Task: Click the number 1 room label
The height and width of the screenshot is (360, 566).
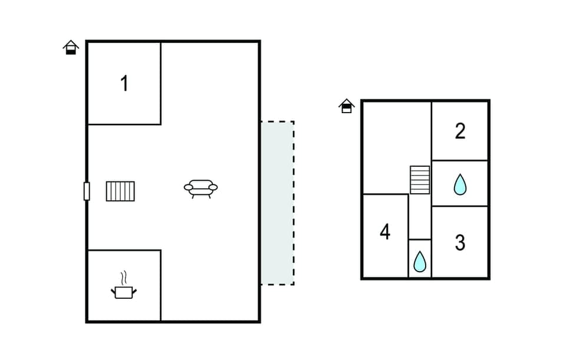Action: [x=124, y=84]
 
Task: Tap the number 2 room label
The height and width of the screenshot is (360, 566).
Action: [x=460, y=131]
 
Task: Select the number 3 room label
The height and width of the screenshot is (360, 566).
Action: [x=460, y=242]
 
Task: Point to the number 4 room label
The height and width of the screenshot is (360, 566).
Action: [x=385, y=232]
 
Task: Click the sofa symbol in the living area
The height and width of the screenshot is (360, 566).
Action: [x=200, y=188]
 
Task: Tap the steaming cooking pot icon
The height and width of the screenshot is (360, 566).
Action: [x=124, y=291]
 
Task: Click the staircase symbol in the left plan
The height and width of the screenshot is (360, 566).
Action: [x=120, y=191]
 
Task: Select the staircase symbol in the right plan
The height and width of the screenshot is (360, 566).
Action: [x=420, y=180]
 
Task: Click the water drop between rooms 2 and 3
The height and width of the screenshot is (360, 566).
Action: [x=460, y=184]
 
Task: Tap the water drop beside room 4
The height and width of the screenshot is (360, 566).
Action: [x=420, y=261]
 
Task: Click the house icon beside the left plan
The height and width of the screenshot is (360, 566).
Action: [x=71, y=47]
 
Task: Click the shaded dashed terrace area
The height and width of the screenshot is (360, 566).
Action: [x=277, y=203]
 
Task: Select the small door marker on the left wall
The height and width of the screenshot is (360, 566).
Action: [x=87, y=191]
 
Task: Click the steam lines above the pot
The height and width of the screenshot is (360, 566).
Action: [x=124, y=277]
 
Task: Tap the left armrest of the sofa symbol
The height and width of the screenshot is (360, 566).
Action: [x=189, y=187]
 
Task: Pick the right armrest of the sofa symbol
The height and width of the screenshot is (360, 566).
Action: [x=213, y=187]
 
